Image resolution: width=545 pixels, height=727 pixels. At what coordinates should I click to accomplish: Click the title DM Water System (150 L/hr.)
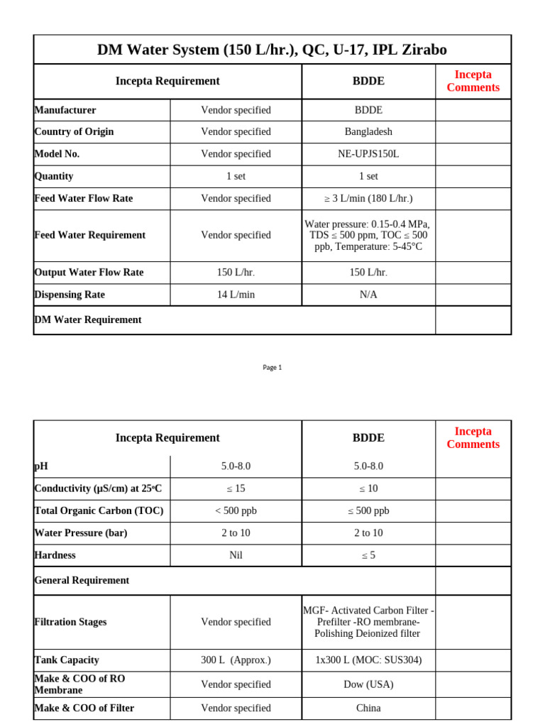click(x=272, y=50)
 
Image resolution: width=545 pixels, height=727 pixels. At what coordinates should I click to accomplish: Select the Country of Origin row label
click(x=74, y=132)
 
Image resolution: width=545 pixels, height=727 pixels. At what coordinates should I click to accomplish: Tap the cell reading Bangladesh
click(x=368, y=132)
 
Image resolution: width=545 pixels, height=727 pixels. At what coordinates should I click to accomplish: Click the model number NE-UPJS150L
click(x=368, y=154)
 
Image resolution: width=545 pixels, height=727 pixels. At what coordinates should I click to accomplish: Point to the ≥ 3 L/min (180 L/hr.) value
click(x=368, y=199)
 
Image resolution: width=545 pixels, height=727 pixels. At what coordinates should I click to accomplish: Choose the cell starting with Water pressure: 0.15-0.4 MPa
click(x=368, y=235)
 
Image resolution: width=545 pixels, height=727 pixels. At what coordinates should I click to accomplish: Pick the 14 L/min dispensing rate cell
click(x=236, y=295)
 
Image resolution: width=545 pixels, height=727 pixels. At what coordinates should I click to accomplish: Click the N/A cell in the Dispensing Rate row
click(x=368, y=295)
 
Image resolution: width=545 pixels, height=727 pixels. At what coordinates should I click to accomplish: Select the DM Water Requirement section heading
click(x=88, y=320)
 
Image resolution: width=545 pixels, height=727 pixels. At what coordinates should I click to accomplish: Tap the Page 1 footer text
click(x=272, y=367)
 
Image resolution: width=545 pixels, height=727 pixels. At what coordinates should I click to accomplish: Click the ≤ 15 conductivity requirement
click(x=236, y=488)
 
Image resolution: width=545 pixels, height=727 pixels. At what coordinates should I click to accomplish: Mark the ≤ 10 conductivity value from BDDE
click(x=368, y=488)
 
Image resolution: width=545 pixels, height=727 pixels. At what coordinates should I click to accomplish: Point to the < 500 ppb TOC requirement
click(x=236, y=511)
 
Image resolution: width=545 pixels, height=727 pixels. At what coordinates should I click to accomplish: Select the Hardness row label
click(x=55, y=555)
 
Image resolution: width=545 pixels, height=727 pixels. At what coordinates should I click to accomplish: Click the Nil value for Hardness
click(x=236, y=555)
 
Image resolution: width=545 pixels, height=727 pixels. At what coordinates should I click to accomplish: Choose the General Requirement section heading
click(x=82, y=581)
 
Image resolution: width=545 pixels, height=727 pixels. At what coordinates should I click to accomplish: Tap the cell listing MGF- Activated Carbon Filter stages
click(x=368, y=622)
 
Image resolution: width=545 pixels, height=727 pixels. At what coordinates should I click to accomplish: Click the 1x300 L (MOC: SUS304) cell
click(x=368, y=660)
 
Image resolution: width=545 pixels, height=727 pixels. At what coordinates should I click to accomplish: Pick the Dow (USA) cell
click(x=368, y=684)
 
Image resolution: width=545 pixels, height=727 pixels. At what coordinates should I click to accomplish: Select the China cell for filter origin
click(x=368, y=708)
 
